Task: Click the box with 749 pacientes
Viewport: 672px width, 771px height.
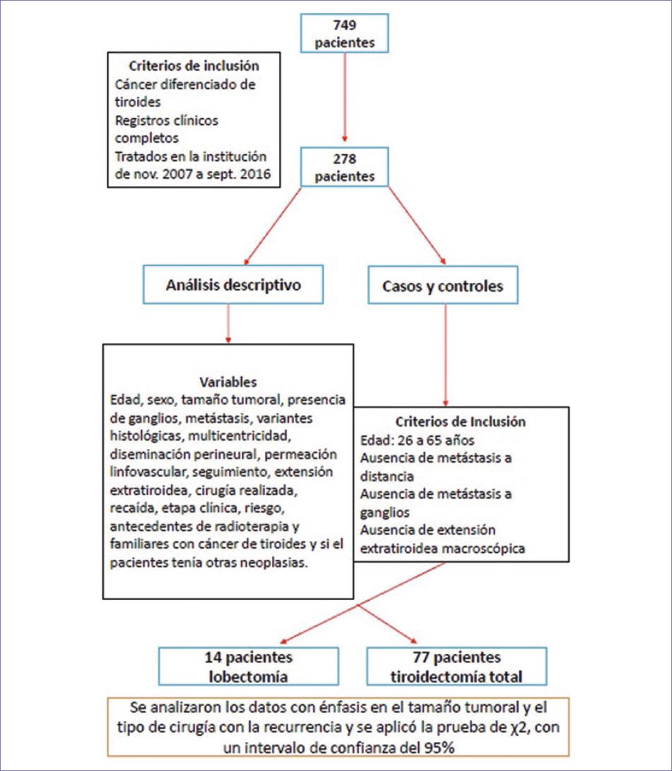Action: (345, 33)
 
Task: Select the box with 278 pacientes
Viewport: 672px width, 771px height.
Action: (345, 167)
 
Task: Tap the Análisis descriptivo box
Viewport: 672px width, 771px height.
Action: (233, 285)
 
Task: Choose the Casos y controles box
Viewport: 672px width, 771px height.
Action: (442, 286)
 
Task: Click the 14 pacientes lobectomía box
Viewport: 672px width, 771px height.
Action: (248, 666)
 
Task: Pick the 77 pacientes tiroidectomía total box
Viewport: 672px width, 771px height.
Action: (456, 666)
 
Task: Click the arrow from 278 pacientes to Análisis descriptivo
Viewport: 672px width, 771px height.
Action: (273, 225)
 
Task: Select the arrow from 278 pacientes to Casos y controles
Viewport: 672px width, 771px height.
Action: (416, 225)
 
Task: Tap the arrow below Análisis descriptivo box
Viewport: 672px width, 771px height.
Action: (228, 323)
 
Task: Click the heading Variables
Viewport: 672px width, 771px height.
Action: (228, 382)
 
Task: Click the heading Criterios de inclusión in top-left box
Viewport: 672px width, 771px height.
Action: (194, 66)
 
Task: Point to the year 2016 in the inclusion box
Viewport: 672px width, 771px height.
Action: (255, 174)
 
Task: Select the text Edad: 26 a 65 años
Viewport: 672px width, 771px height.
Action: (416, 440)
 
